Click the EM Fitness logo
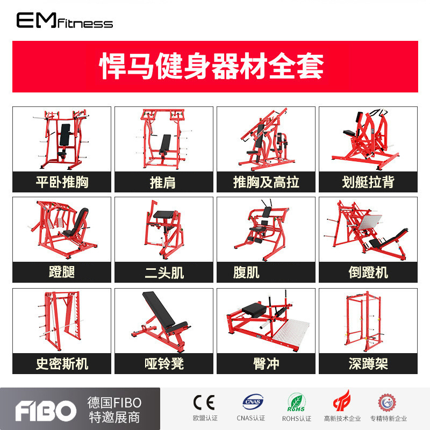(64, 20)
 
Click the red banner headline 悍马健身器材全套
(211, 66)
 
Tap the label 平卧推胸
(62, 182)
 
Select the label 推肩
(163, 182)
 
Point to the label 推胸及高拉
(266, 182)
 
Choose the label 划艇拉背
(368, 182)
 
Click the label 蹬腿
(62, 272)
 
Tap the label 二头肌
(164, 273)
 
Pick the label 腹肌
(246, 273)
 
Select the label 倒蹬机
(368, 273)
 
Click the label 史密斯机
(62, 364)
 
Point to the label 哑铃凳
(164, 364)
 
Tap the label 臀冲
(266, 364)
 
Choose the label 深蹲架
(368, 364)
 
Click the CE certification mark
(204, 403)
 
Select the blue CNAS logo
(253, 402)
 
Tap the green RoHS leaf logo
(297, 402)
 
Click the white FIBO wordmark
(46, 411)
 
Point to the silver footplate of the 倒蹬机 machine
(369, 223)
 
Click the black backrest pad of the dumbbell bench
(159, 308)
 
